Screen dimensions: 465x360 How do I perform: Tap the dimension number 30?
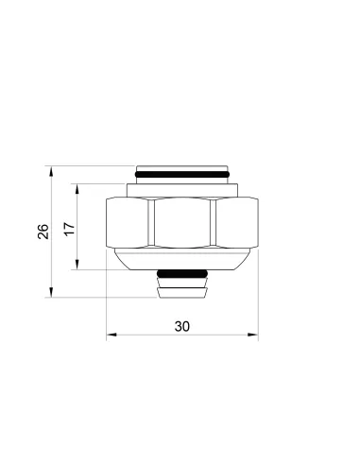[x=182, y=325]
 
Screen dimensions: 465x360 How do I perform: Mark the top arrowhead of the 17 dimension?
[x=77, y=189]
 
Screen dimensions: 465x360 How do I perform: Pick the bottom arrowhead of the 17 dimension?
[x=77, y=268]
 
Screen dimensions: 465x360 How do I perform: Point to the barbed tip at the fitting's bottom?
[x=182, y=288]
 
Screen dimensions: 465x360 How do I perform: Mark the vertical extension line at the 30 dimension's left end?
[x=107, y=302]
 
